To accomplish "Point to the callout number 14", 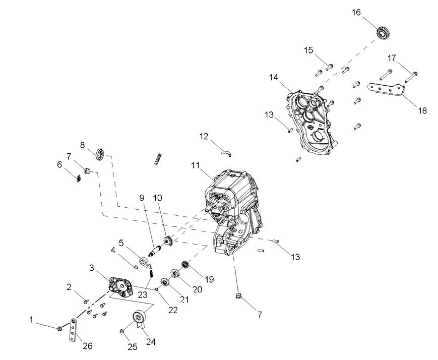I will point(274,77).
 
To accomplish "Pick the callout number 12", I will point(204,136).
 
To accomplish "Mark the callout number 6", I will point(59,164).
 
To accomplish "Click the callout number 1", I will point(32,319).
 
